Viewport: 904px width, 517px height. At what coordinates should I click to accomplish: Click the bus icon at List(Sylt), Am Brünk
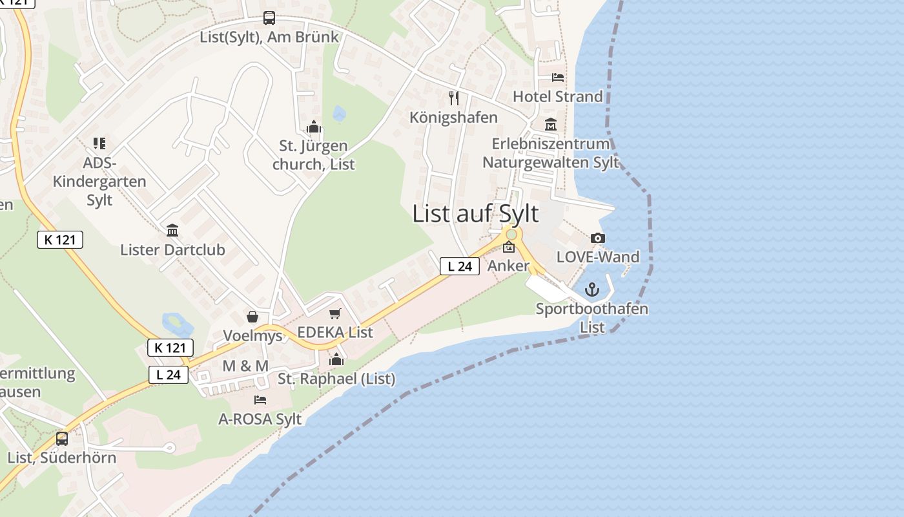click(x=269, y=19)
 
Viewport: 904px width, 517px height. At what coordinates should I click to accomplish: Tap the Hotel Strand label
click(x=557, y=96)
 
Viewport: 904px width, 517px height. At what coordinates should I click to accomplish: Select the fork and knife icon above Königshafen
click(x=454, y=98)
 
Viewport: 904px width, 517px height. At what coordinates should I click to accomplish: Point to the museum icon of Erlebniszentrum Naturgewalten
click(x=551, y=125)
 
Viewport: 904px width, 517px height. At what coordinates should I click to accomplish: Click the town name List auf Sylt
click(x=475, y=213)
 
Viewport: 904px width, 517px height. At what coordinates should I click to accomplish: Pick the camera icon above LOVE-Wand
click(x=598, y=238)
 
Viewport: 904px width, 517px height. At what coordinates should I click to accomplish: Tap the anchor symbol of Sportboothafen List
click(x=592, y=290)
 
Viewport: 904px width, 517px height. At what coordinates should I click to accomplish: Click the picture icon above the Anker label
click(x=509, y=247)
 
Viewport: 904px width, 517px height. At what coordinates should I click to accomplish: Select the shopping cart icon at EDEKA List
click(x=334, y=314)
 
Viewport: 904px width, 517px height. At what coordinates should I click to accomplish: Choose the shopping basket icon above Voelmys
click(x=252, y=317)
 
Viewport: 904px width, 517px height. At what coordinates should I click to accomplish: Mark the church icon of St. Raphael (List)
click(x=336, y=359)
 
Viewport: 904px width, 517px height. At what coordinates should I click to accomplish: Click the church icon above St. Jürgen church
click(x=314, y=127)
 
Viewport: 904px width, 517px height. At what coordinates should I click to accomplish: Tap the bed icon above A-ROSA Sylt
click(x=260, y=400)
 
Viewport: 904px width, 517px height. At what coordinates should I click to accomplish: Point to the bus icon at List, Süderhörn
click(x=62, y=438)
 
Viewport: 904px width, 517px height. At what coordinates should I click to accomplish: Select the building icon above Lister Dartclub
click(x=172, y=231)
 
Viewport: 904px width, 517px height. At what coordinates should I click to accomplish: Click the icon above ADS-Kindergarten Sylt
click(x=99, y=143)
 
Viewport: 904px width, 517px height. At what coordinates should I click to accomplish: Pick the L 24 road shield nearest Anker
click(x=460, y=266)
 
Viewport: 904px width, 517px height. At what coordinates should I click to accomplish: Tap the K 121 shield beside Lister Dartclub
click(x=60, y=240)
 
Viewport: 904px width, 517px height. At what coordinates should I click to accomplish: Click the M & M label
click(x=245, y=366)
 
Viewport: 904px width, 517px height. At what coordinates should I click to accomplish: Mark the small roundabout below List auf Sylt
click(x=511, y=234)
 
